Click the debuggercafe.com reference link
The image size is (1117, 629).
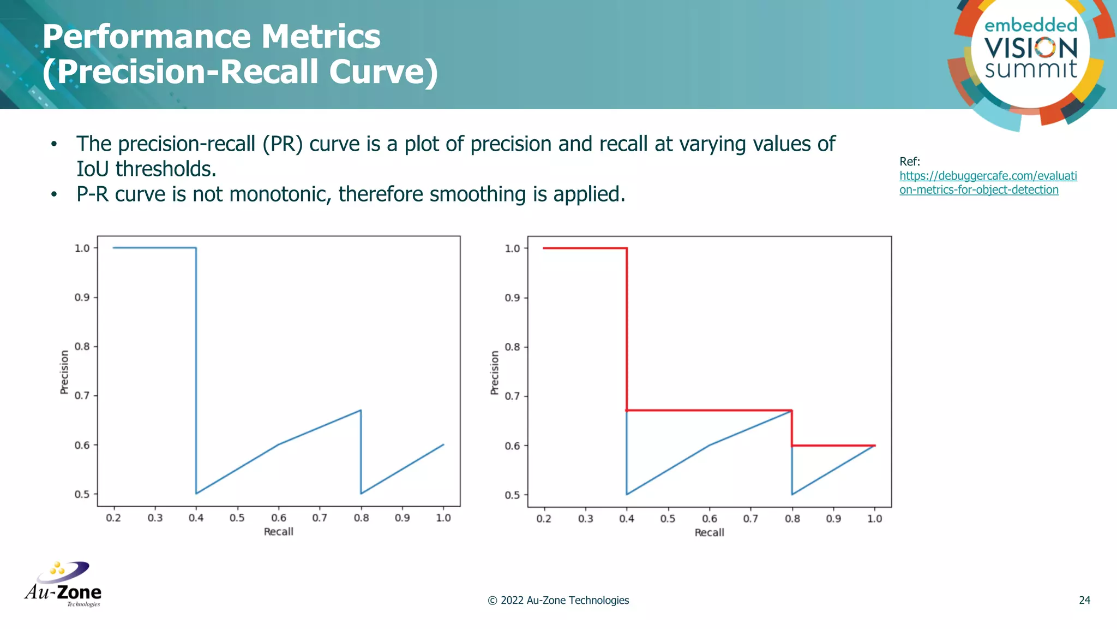tap(988, 183)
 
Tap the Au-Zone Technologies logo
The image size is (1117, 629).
tap(63, 584)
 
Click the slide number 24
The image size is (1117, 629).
tap(1084, 600)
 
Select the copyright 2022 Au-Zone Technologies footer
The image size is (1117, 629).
tap(558, 600)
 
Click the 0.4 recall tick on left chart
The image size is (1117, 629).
tap(196, 518)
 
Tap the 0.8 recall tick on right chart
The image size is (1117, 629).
tap(792, 519)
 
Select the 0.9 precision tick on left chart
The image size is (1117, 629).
tap(82, 298)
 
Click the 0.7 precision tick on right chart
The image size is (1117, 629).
tap(512, 396)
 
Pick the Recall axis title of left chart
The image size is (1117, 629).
tap(278, 532)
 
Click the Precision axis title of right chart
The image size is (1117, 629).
tap(495, 373)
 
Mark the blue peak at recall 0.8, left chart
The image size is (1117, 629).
tap(361, 411)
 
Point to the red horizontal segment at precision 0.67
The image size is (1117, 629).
tap(709, 410)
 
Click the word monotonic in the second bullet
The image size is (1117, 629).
tap(278, 194)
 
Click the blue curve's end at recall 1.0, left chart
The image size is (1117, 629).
tap(443, 445)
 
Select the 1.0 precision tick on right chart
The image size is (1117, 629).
tap(512, 248)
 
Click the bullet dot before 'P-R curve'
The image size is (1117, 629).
tap(53, 195)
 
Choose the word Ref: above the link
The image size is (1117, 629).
tap(909, 162)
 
